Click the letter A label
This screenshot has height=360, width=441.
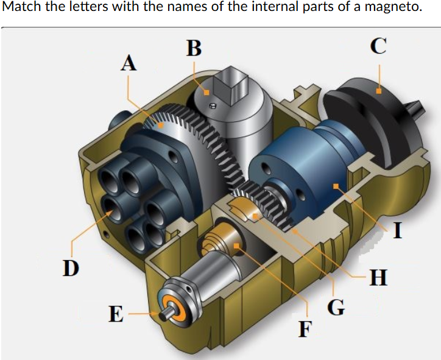[x=129, y=63]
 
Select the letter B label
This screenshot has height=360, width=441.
[x=194, y=48]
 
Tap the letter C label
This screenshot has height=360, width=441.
[x=378, y=47]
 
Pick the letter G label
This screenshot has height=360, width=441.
[x=334, y=306]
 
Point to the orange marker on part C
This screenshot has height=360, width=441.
[x=378, y=91]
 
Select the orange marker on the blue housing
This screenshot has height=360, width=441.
[x=334, y=185]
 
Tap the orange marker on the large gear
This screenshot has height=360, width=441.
[x=161, y=124]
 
